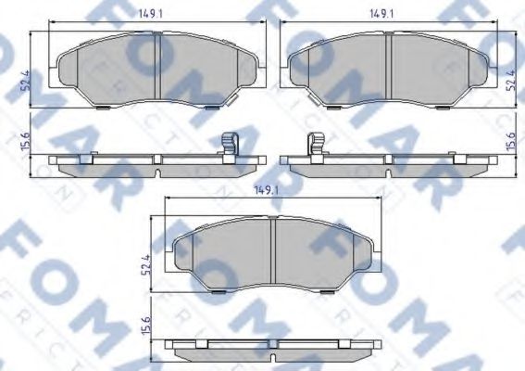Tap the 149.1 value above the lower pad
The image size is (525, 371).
[268, 190]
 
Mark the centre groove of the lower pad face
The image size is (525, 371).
[273, 250]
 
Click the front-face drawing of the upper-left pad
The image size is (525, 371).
[120, 70]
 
